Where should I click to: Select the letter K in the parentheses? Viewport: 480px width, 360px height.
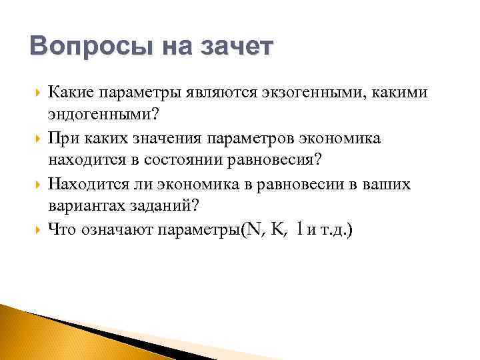(x=278, y=230)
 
